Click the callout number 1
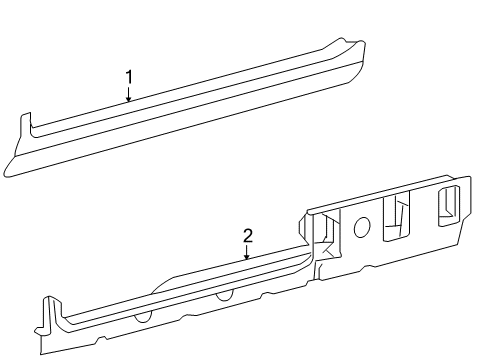[x=129, y=77]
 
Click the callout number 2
[x=247, y=236]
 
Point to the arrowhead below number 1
[x=129, y=100]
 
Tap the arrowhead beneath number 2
[x=247, y=258]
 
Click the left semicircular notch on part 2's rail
[x=143, y=314]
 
